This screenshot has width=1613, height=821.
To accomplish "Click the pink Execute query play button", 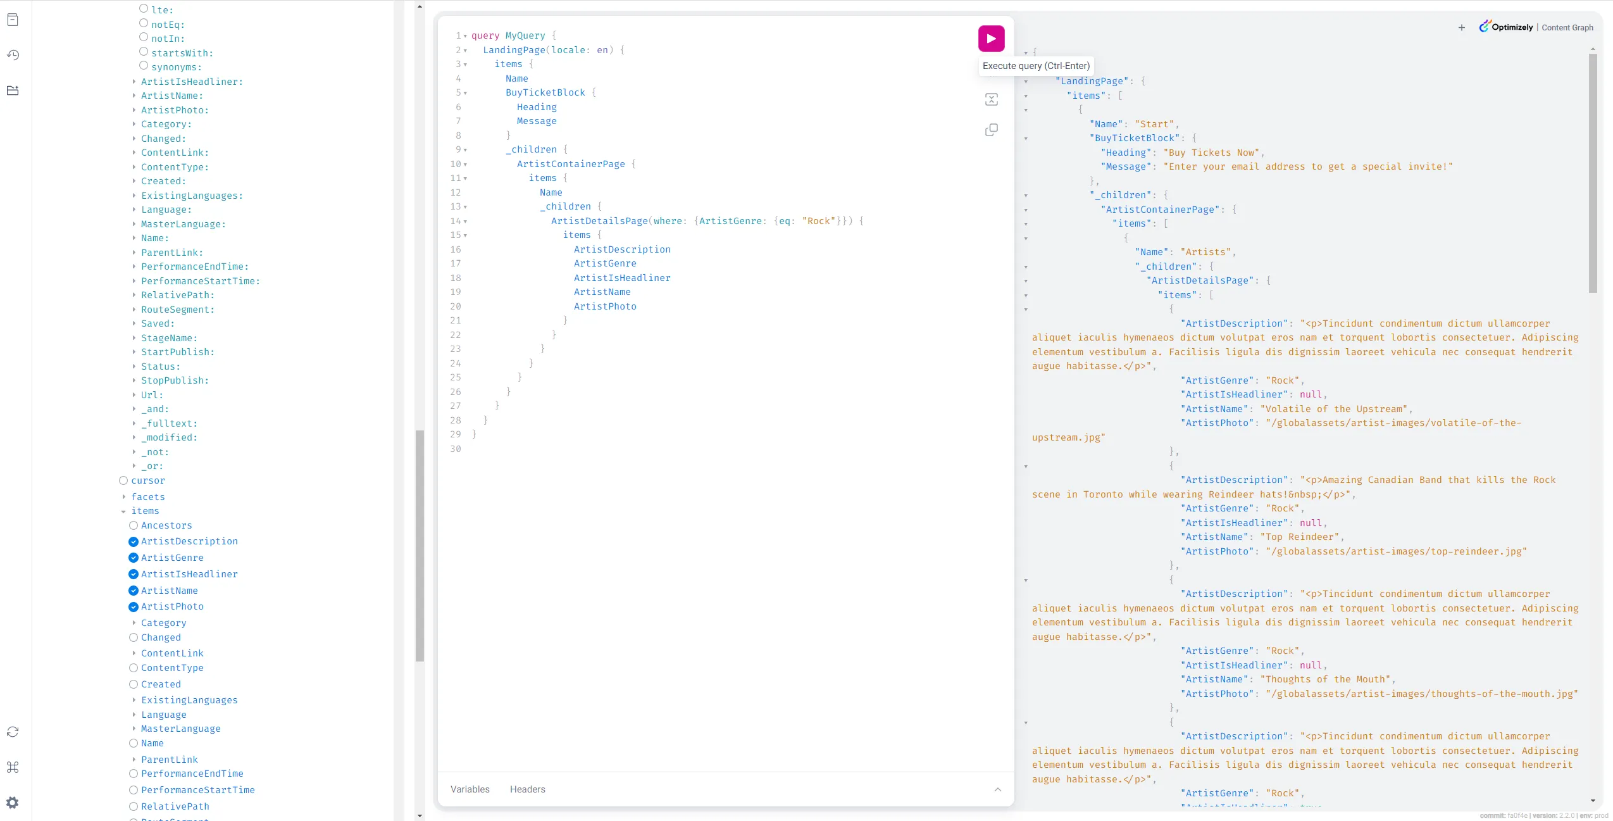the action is click(x=991, y=39).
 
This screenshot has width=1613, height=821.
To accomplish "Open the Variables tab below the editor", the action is click(x=470, y=789).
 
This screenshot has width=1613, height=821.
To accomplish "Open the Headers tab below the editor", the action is click(x=527, y=789).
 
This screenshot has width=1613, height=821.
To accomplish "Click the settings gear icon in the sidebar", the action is click(x=13, y=803).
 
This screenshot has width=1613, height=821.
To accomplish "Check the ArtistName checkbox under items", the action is click(x=134, y=591).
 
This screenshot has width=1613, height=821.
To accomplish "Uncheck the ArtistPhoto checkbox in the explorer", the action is click(x=134, y=607).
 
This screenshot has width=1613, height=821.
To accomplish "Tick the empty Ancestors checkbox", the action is click(x=134, y=525).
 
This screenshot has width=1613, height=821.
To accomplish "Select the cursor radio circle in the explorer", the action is click(x=123, y=480).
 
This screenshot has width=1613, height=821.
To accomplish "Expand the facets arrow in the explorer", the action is click(x=123, y=497).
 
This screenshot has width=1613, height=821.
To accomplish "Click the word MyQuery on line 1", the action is click(x=525, y=35).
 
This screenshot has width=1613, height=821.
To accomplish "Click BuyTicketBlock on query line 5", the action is click(x=545, y=92).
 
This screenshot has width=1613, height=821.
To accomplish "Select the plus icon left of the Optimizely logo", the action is click(x=1462, y=27).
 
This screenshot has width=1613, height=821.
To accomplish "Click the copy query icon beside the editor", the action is click(x=992, y=130).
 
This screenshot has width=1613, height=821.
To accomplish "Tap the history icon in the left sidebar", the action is click(x=13, y=55).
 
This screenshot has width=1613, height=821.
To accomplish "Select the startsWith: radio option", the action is click(x=144, y=51).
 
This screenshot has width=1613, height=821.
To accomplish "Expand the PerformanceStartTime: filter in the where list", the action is click(x=134, y=281).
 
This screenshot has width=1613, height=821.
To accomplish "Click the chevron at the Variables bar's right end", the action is click(x=998, y=789).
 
